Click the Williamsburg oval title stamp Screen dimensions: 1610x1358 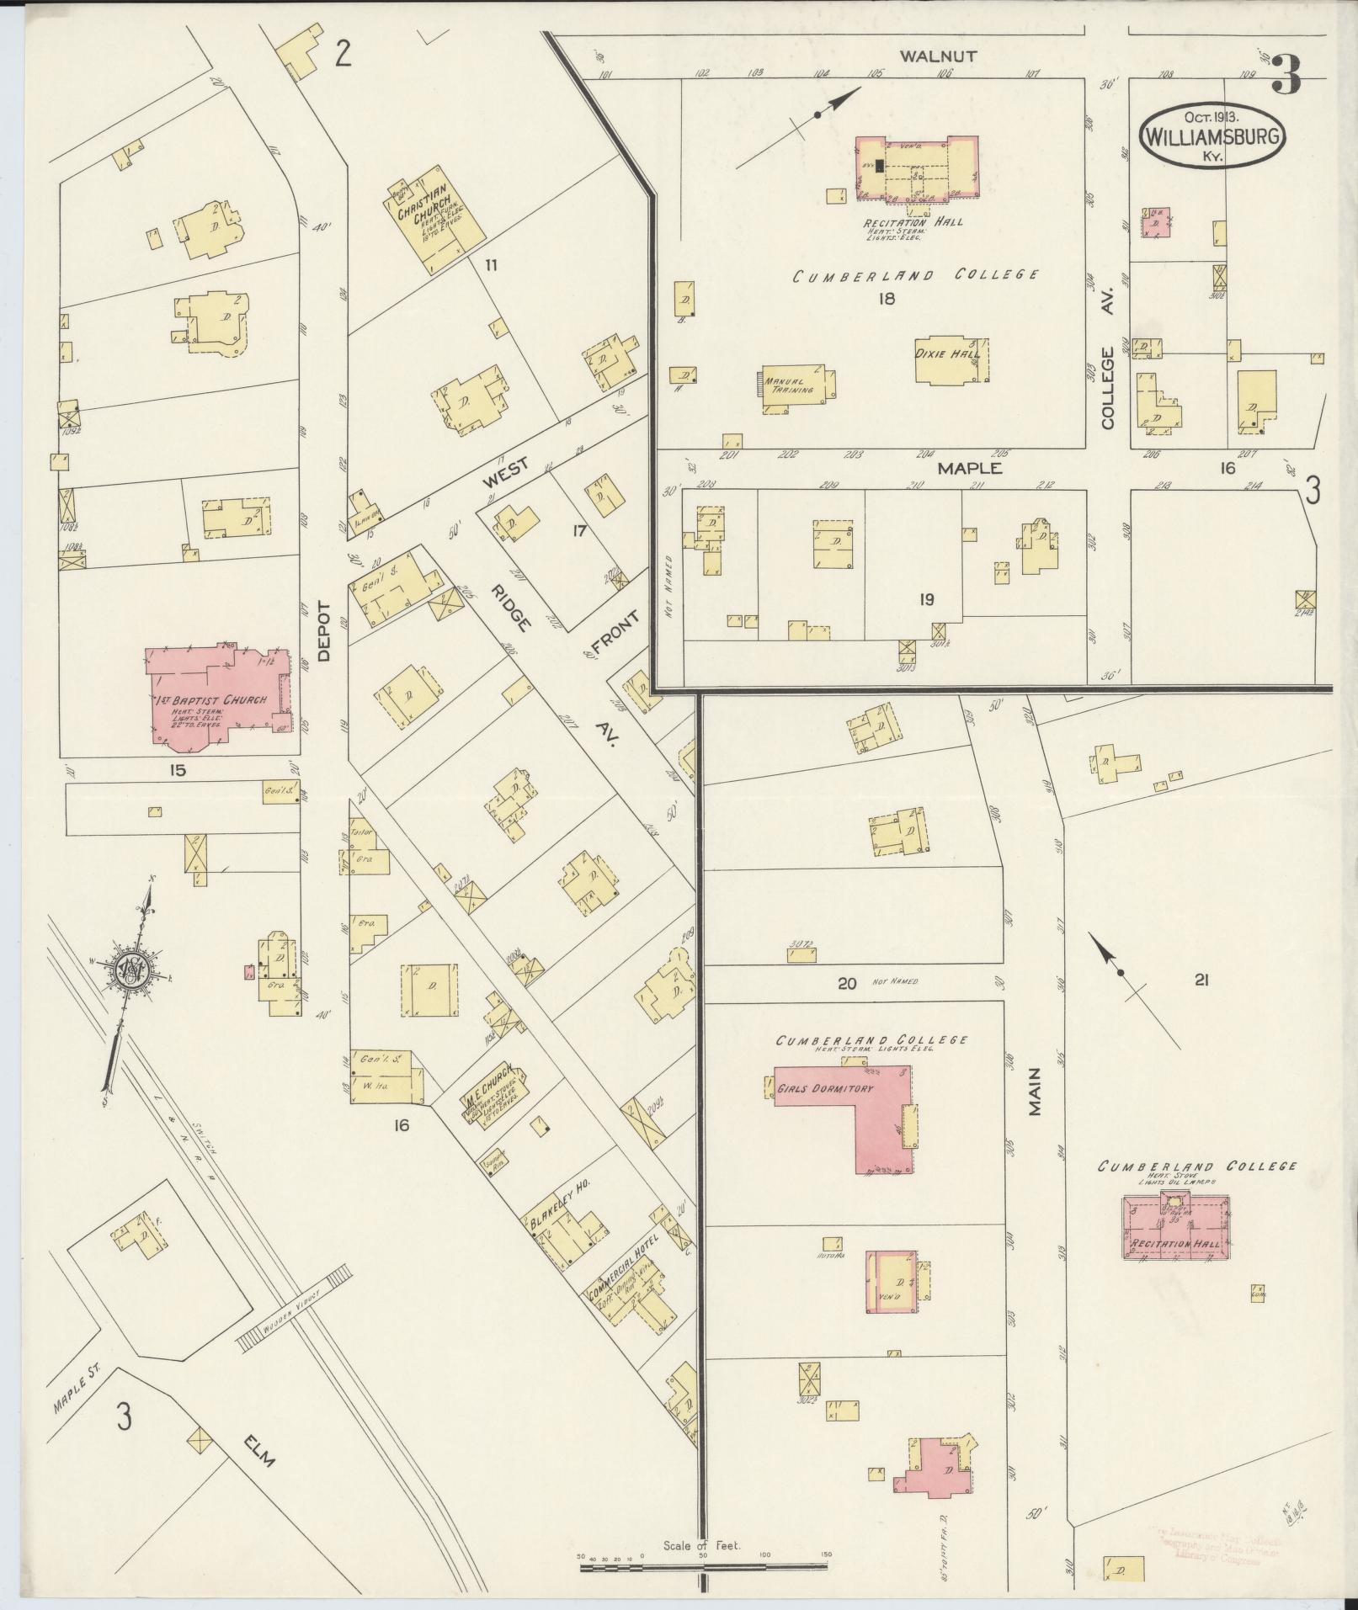(x=1213, y=136)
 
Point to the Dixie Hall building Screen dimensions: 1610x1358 (x=952, y=361)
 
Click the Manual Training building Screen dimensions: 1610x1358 (x=796, y=387)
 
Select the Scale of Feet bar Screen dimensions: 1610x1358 (x=704, y=1567)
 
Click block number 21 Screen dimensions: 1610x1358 (x=1201, y=980)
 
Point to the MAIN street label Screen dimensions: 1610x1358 (x=1035, y=1091)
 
